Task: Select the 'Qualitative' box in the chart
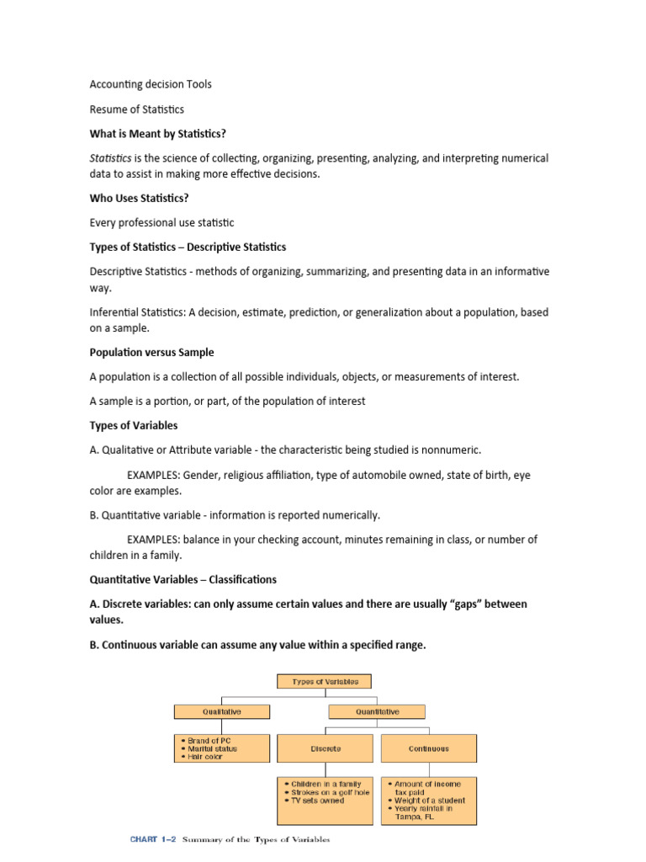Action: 222,711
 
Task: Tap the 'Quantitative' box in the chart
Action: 376,711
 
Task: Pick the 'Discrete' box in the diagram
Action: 325,748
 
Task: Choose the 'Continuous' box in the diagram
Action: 428,748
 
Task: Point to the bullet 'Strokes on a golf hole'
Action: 327,792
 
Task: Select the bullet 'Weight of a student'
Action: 429,801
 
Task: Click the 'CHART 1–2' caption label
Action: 152,839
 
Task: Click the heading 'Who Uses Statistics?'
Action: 138,199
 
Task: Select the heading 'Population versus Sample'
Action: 151,352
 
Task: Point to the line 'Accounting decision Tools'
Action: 151,84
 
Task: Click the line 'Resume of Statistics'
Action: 136,109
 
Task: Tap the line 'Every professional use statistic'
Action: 161,223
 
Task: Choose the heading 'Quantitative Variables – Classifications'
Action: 183,580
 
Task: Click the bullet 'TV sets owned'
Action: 315,801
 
